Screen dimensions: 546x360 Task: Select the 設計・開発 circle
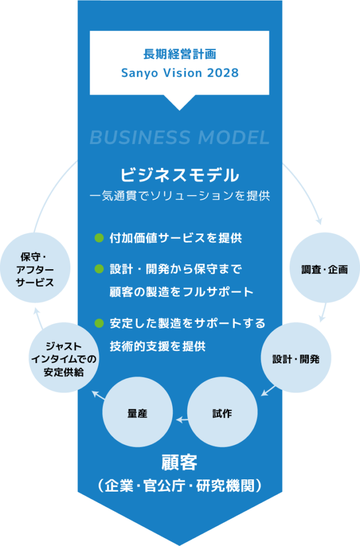click(x=295, y=358)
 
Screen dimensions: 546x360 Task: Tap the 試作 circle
click(x=223, y=413)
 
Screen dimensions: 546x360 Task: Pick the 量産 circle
click(x=138, y=413)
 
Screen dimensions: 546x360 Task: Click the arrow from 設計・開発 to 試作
click(x=268, y=391)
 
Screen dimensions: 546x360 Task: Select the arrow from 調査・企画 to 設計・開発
click(x=323, y=314)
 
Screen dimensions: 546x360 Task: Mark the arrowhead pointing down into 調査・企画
click(x=319, y=221)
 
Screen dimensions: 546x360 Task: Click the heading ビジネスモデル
click(x=179, y=174)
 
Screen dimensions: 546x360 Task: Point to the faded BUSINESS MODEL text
click(x=179, y=138)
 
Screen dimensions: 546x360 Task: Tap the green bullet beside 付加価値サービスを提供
click(x=98, y=238)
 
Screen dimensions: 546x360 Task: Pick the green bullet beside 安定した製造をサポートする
click(x=98, y=323)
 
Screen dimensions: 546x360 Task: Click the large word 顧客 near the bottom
click(x=179, y=462)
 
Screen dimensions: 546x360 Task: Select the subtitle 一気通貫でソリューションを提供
click(x=179, y=196)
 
